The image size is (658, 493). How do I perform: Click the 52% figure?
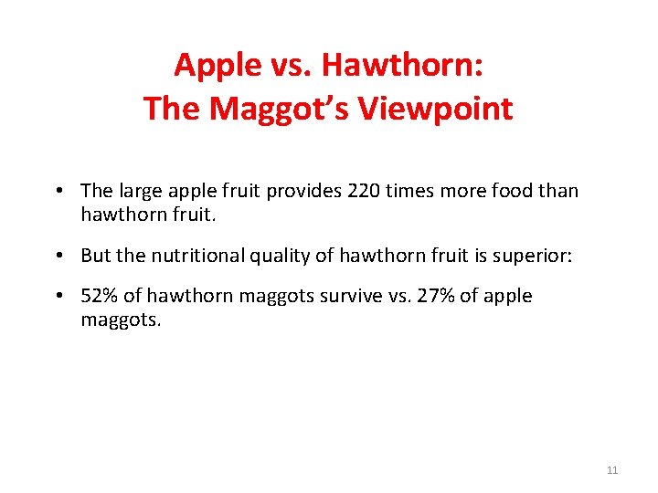(99, 296)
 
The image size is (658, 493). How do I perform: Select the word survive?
(339, 296)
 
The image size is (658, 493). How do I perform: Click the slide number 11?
(612, 470)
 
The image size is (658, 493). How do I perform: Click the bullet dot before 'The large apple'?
(58, 191)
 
